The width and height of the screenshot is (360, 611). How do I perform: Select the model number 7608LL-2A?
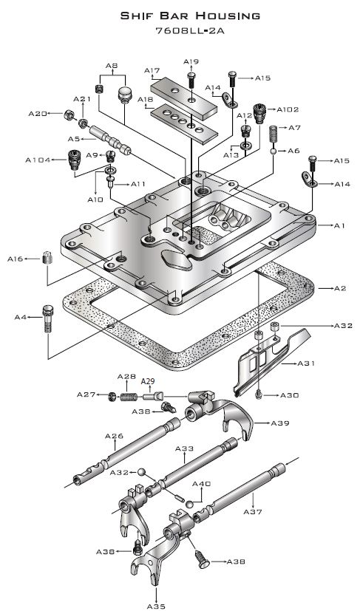[x=190, y=31]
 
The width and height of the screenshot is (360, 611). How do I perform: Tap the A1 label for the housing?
[x=339, y=225]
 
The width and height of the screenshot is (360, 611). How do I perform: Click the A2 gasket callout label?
[x=340, y=288]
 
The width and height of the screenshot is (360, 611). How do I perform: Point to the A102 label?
[x=288, y=109]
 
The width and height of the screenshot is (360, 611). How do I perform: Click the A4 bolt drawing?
[x=47, y=318]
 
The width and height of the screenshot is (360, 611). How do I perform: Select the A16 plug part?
[x=47, y=258]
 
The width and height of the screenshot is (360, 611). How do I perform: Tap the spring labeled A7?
[x=274, y=134]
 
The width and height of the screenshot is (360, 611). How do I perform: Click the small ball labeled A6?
[x=274, y=151]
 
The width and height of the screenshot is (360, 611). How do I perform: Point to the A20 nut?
[x=69, y=115]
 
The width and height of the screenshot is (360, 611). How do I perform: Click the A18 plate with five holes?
[x=183, y=123]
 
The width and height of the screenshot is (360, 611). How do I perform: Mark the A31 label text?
[x=306, y=363]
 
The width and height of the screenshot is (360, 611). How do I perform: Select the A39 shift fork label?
[x=280, y=423]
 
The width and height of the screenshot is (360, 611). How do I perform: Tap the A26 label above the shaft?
[x=114, y=436]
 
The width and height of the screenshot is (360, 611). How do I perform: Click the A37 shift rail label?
[x=253, y=512]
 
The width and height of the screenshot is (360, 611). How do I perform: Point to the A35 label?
[x=156, y=606]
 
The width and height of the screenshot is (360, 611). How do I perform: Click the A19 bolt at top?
[x=191, y=80]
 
